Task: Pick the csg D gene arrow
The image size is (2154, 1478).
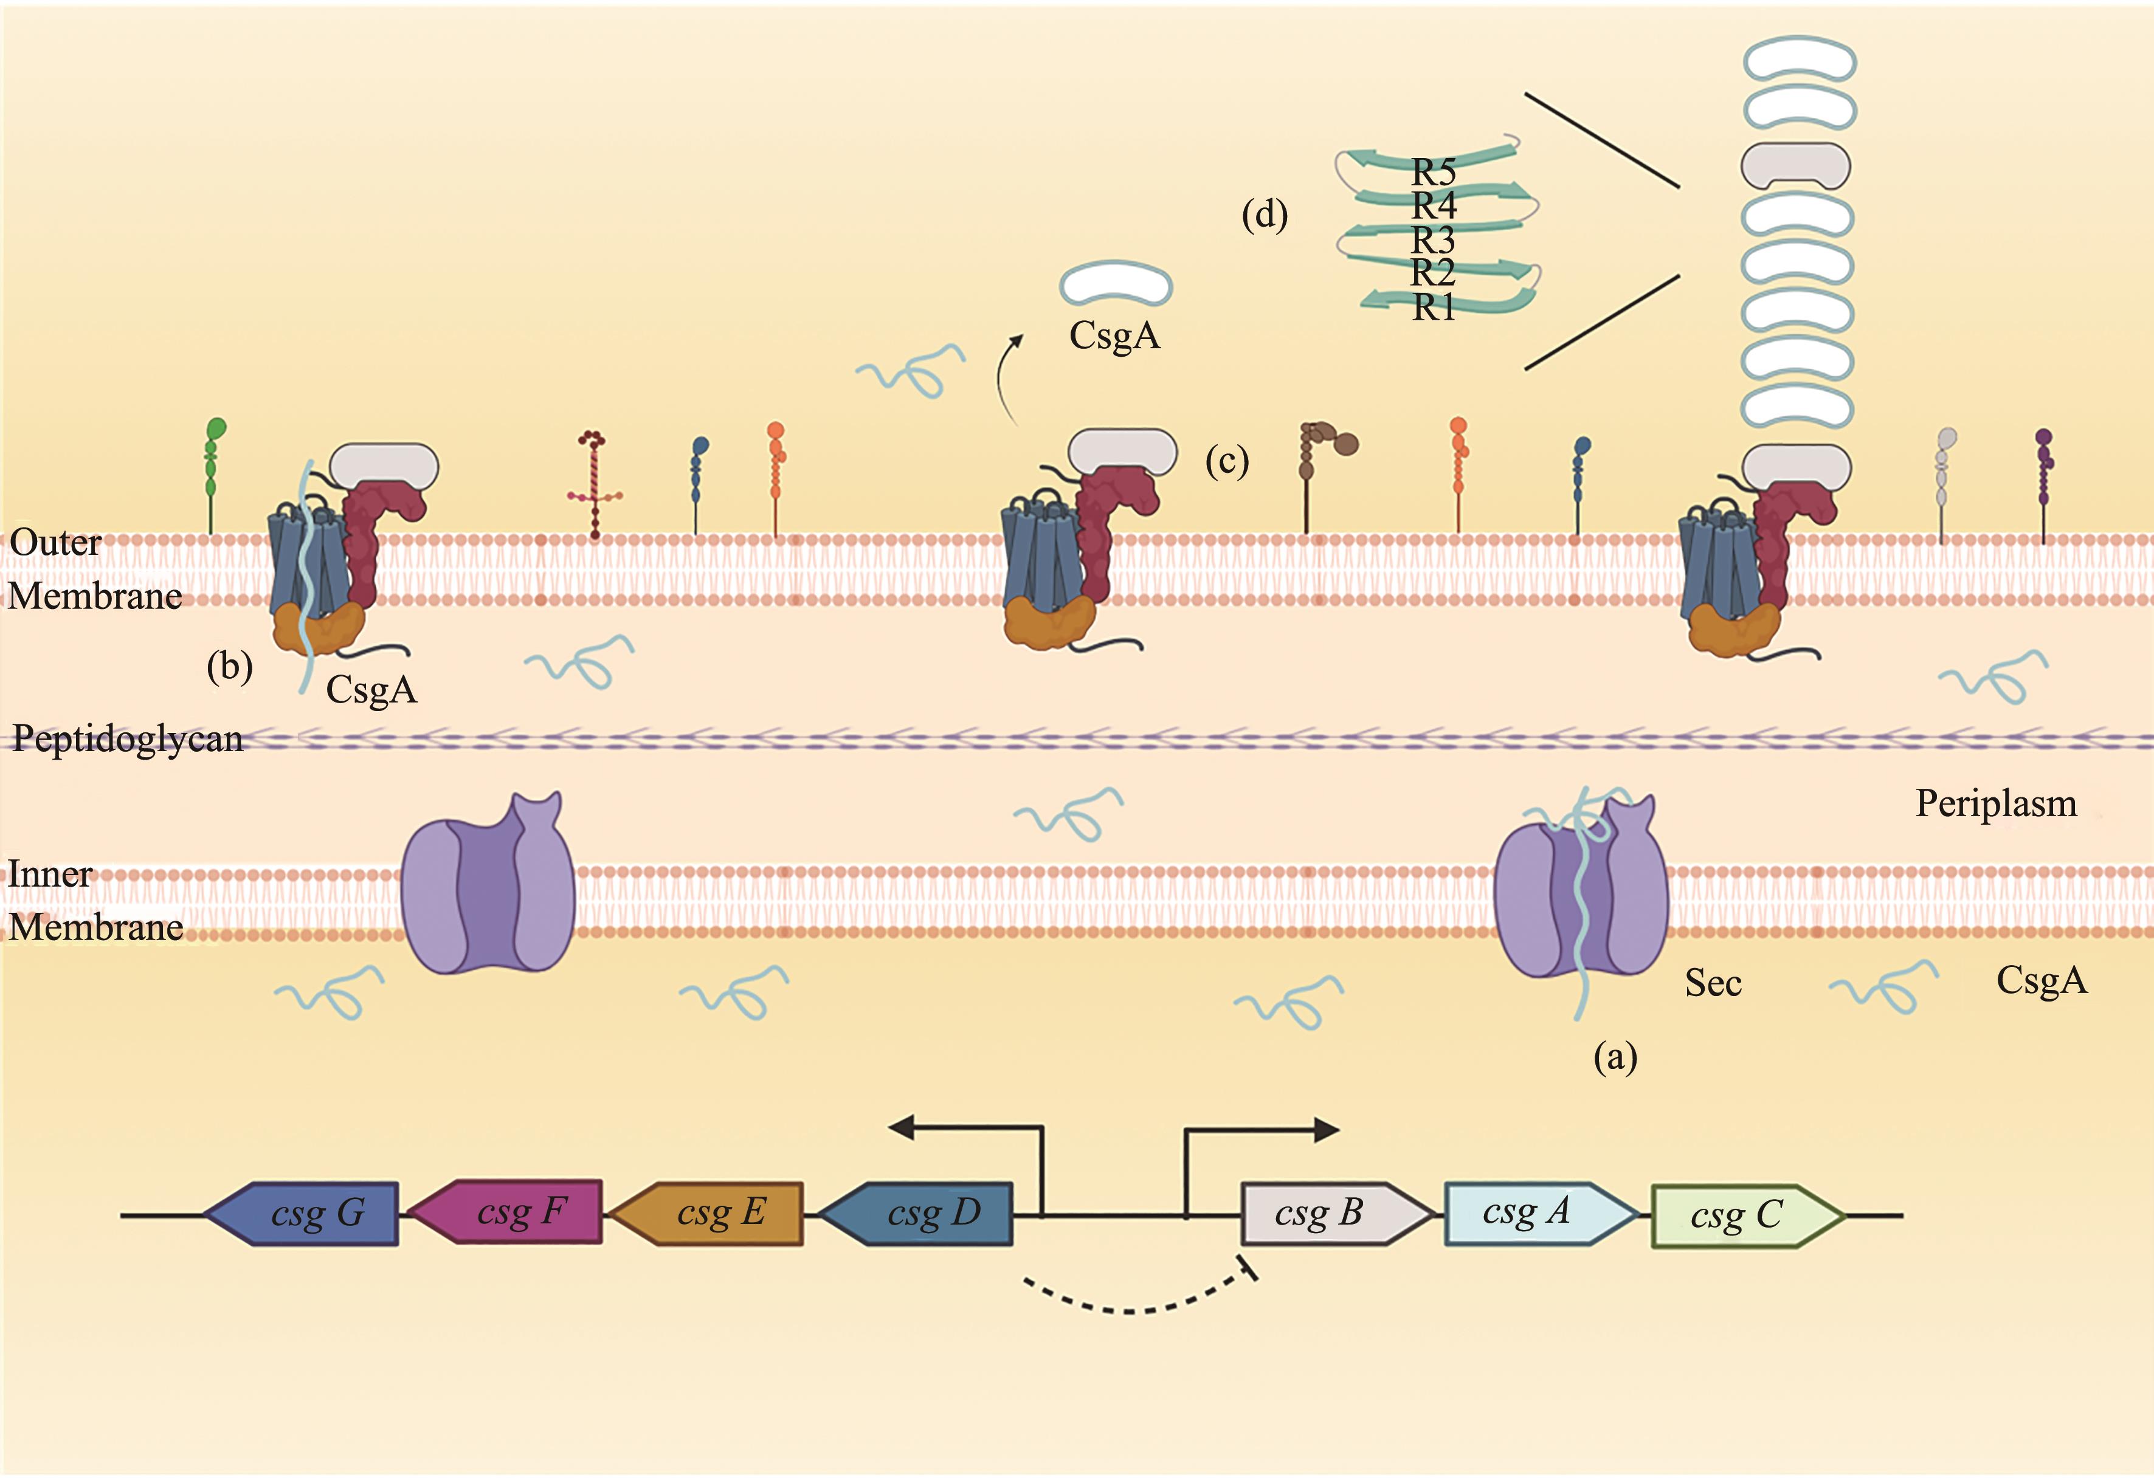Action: (917, 1213)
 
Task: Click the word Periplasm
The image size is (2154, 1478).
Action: (1995, 803)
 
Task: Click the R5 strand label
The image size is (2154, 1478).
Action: (1433, 171)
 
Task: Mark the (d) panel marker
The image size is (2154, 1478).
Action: (1264, 215)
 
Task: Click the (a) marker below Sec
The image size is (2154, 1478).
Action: (1615, 1056)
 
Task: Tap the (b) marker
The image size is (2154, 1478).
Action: (229, 666)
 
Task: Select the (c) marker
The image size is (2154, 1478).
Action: (1226, 461)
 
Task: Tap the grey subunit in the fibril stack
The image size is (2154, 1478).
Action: (1795, 166)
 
